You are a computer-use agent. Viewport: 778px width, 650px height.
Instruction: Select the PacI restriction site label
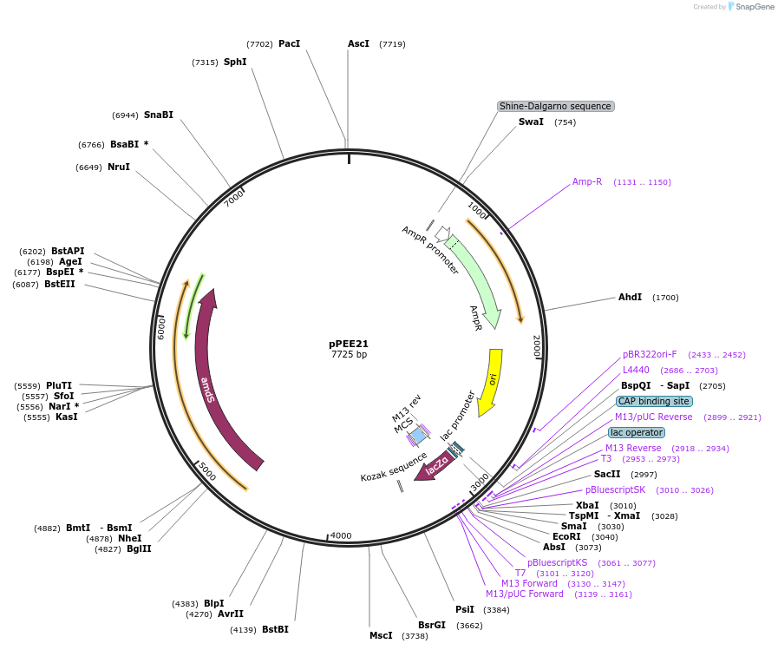click(289, 43)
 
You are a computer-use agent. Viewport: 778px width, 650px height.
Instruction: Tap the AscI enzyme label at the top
click(358, 43)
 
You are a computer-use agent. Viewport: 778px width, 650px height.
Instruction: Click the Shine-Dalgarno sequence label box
click(555, 106)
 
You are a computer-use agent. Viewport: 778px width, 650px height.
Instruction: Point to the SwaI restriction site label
click(531, 121)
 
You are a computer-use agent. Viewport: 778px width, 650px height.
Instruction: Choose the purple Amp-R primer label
click(587, 182)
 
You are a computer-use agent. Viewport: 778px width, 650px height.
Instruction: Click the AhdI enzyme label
click(630, 297)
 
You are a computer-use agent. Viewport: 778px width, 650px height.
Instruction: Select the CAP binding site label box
click(653, 401)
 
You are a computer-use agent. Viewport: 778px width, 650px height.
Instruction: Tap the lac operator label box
click(637, 432)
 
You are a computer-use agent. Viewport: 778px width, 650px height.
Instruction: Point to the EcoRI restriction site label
click(566, 536)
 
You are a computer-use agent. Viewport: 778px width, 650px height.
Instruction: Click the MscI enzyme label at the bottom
click(381, 635)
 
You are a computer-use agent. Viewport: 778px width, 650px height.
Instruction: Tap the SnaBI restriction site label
click(158, 115)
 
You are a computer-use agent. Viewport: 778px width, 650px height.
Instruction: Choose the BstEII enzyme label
click(60, 284)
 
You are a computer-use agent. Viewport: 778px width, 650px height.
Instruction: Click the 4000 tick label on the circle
click(341, 535)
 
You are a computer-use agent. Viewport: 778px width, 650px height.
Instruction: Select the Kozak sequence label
click(394, 466)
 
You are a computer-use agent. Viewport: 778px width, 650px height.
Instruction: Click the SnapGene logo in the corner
click(748, 7)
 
